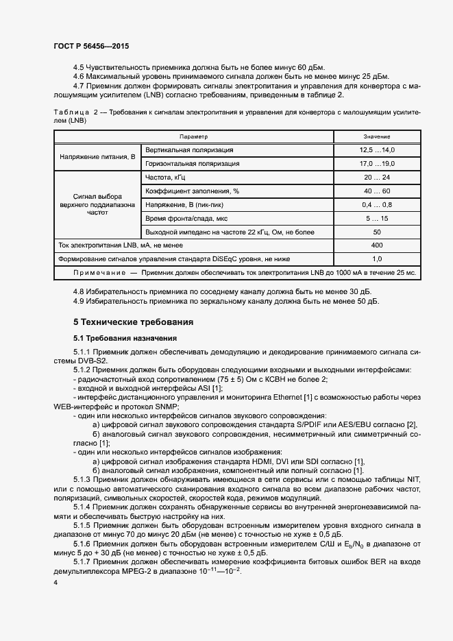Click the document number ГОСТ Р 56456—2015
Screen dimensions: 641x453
click(x=90, y=46)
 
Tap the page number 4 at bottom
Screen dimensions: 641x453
click(x=55, y=582)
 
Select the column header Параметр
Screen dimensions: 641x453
click(x=193, y=137)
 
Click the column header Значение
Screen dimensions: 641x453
click(x=376, y=137)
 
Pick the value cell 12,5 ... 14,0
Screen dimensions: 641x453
click(x=376, y=150)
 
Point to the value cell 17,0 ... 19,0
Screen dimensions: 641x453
click(x=376, y=164)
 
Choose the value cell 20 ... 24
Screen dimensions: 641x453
click(x=376, y=177)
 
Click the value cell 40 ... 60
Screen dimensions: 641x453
click(x=376, y=191)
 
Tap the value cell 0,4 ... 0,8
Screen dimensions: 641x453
click(x=376, y=204)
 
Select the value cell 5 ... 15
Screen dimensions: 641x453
click(x=376, y=218)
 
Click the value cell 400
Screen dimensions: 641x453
click(x=376, y=245)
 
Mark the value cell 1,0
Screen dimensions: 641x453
click(x=376, y=259)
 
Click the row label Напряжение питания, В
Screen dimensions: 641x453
click(x=97, y=157)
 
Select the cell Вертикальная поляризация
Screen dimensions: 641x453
click(x=189, y=150)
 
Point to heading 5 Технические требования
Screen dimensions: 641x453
click(x=134, y=322)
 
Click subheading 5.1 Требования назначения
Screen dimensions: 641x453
click(x=125, y=338)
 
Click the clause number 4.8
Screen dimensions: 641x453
click(x=79, y=291)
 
